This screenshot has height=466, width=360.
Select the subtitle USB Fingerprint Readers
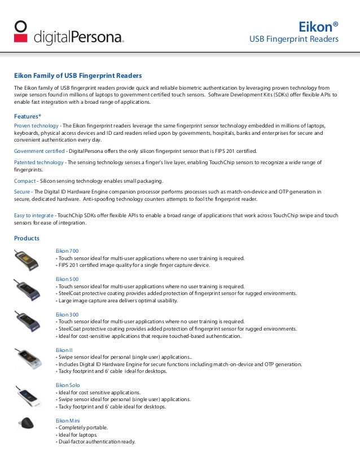click(294, 39)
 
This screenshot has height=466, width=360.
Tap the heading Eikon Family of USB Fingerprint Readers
click(77, 76)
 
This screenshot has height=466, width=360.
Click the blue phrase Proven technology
click(36, 125)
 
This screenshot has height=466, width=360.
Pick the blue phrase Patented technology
click(38, 162)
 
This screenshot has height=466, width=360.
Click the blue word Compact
click(25, 181)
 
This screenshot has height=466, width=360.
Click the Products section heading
click(27, 238)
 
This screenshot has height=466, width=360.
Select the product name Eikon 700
click(67, 251)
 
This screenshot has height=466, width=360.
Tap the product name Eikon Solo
click(68, 385)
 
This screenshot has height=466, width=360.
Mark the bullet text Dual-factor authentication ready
click(96, 442)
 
